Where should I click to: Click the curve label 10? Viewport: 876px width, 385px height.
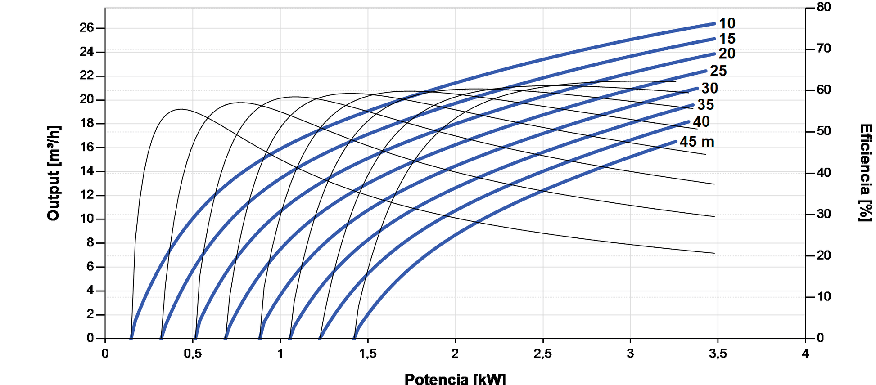click(x=727, y=23)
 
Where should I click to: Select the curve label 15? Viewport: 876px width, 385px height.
click(x=727, y=39)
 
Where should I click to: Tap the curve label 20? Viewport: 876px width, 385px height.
click(x=727, y=54)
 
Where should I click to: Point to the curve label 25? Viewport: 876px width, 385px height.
click(x=718, y=71)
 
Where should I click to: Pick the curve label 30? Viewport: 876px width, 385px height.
click(x=709, y=88)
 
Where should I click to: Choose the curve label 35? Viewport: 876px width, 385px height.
click(x=705, y=105)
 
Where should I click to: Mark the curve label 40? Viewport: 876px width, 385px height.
click(x=701, y=121)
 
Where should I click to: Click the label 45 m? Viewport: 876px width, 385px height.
click(x=697, y=142)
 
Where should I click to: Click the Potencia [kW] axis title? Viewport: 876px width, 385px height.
click(x=455, y=379)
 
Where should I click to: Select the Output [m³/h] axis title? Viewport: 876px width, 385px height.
click(x=54, y=173)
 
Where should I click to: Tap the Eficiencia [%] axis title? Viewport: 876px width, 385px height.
click(x=865, y=173)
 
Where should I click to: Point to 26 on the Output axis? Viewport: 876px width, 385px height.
click(x=86, y=28)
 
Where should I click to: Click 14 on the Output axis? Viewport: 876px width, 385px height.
click(x=86, y=171)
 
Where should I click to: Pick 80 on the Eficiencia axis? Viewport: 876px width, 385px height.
click(x=824, y=7)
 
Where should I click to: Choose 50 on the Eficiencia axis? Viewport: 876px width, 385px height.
click(x=824, y=131)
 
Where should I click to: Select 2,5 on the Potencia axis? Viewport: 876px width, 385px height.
click(x=542, y=354)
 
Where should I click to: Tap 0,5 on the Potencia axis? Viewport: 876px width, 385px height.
click(x=193, y=354)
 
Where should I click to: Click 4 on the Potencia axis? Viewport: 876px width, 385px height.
click(x=805, y=354)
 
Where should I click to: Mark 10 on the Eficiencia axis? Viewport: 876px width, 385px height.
click(x=824, y=297)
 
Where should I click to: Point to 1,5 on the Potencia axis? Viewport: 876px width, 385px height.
click(x=368, y=354)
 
